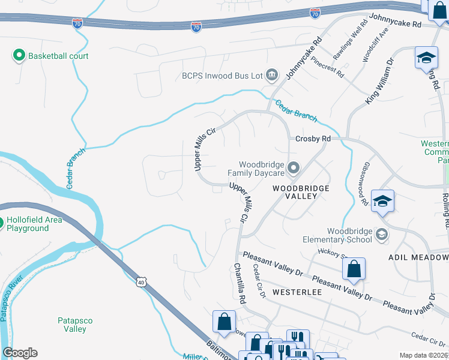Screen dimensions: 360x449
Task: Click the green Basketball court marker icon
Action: pyautogui.click(x=18, y=56)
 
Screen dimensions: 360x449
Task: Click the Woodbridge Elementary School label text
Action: pyautogui.click(x=349, y=236)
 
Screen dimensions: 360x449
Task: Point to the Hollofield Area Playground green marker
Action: pyautogui.click(x=1, y=220)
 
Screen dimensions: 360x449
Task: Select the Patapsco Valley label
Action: pyautogui.click(x=75, y=325)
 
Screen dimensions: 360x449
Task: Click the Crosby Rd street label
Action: pyautogui.click(x=313, y=139)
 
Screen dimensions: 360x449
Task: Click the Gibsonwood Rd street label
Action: pyautogui.click(x=365, y=184)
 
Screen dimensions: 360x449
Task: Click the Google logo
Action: pyautogui.click(x=20, y=353)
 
